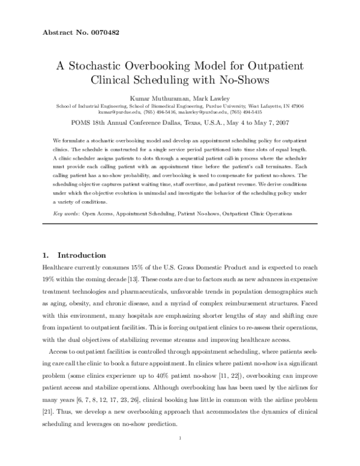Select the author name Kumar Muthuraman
point(155,97)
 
